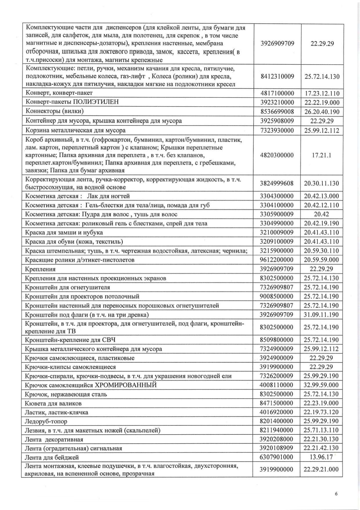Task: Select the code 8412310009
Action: tap(277, 76)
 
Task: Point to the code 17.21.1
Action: tap(321, 155)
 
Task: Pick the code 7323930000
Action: tap(277, 130)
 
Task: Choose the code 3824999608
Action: tap(277, 183)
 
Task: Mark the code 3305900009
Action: tap(277, 214)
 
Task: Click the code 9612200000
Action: tap(277, 260)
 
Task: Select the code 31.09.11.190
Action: tap(321, 315)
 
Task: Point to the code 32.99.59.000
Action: tap(321, 385)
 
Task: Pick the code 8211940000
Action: tap(277, 430)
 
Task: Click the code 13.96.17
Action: tap(321, 457)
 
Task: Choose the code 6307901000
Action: tap(277, 457)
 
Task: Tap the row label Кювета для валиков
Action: tap(53, 403)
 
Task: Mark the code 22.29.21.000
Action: tap(321, 469)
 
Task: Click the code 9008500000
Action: tap(277, 296)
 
